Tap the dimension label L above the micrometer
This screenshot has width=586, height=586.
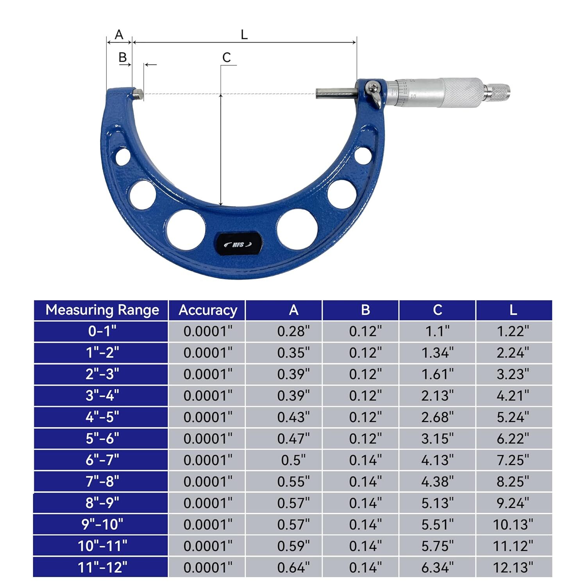coord(244,35)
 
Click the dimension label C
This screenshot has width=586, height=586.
coord(226,58)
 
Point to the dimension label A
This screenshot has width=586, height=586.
coord(119,35)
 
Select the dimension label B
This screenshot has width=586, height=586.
coord(123,58)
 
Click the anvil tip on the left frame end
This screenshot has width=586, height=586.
coord(138,93)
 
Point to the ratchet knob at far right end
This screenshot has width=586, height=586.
coord(498,92)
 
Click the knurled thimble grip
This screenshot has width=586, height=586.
coord(463,93)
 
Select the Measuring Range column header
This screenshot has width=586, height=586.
coord(102,310)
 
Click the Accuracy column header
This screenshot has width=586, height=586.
coord(207,310)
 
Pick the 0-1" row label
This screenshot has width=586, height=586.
coord(102,331)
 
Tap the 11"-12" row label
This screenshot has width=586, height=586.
coord(102,567)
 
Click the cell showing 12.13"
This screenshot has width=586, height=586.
coord(513,567)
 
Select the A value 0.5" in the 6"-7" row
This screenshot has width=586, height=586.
coord(293,460)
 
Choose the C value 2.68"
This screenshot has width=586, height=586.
coord(437,417)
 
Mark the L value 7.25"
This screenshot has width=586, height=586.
coord(513,460)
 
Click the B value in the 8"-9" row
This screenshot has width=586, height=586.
coord(365,503)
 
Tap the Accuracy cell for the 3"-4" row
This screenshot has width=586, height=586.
coord(207,396)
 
